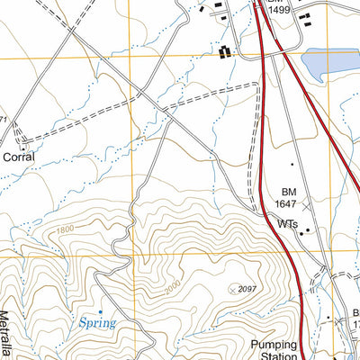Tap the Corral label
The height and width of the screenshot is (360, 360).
(19, 156)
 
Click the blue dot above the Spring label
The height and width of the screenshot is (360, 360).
(101, 311)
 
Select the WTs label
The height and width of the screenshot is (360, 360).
(287, 222)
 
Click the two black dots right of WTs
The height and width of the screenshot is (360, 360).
(308, 230)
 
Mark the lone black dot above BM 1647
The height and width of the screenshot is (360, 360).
(292, 164)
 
